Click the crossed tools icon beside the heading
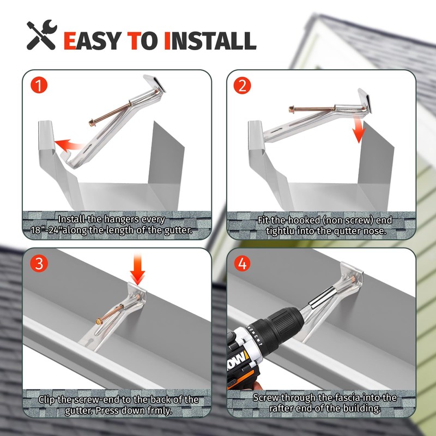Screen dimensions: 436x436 pyautogui.click(x=42, y=35)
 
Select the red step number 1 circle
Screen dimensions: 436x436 pyautogui.click(x=39, y=85)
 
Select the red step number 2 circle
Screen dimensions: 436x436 pyautogui.click(x=242, y=86)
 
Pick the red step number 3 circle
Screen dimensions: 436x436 pyautogui.click(x=39, y=263)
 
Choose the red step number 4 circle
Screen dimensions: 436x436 pyautogui.click(x=242, y=264)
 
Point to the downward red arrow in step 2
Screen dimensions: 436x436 pyautogui.click(x=359, y=129)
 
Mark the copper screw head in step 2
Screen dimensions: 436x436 pyautogui.click(x=292, y=110)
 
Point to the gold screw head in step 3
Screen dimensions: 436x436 pyautogui.click(x=99, y=322)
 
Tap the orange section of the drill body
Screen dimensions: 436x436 pyautogui.click(x=243, y=373)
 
